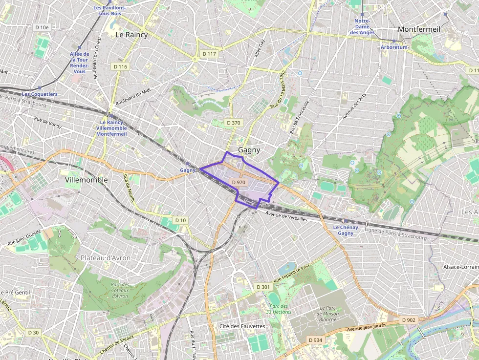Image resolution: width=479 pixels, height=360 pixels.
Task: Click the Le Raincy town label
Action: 131,35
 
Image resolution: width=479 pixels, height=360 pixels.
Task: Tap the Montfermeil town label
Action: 419,29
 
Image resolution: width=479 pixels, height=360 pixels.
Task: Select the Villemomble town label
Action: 86,180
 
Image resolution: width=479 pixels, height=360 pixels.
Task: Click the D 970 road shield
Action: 239,182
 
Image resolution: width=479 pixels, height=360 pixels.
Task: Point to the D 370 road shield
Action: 233,123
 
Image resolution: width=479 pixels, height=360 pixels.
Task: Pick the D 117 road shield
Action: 209,53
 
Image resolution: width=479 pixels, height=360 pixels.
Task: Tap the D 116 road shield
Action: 120,66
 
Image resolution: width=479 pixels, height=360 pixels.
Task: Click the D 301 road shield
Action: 263,287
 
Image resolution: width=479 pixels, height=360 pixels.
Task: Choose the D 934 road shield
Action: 315,339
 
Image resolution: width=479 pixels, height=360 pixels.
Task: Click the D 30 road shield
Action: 33,333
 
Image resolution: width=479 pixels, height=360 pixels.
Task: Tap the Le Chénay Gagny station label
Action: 346,230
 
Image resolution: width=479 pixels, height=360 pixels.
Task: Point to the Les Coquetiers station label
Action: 40,94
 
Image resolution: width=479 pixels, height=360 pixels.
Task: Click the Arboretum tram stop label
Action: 394,47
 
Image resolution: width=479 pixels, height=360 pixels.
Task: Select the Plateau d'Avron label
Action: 103,257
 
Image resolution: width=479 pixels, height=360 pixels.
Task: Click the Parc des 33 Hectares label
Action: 279,309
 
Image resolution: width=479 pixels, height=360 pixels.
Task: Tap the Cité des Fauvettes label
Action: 242,326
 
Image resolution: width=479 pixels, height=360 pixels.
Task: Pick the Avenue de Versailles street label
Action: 286,217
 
